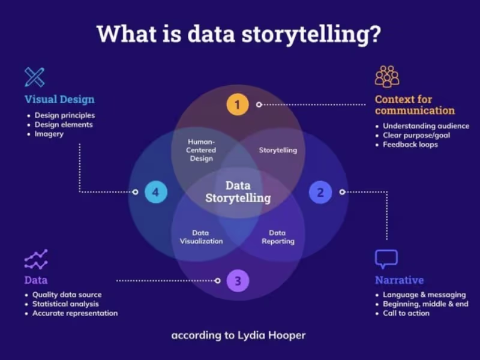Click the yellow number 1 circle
[238, 105]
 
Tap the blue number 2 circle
[320, 192]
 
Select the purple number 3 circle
[238, 280]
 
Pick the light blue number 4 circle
[155, 192]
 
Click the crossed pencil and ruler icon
[35, 77]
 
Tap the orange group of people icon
[387, 76]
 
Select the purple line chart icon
[36, 259]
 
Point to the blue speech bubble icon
[386, 259]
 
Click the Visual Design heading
[59, 100]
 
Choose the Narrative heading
[399, 280]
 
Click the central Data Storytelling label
[238, 192]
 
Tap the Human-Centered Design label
[201, 150]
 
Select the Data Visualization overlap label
[201, 237]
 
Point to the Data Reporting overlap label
[278, 237]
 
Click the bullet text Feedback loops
[410, 145]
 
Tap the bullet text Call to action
[406, 313]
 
